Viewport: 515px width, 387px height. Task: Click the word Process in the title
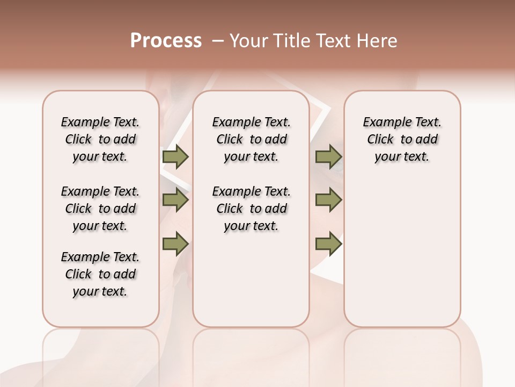click(x=166, y=41)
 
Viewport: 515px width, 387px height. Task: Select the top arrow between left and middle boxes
click(x=175, y=156)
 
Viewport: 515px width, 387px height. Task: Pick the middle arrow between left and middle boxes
click(x=175, y=200)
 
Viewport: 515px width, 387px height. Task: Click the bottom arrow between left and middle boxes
click(x=175, y=244)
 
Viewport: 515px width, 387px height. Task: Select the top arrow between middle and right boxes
click(x=328, y=156)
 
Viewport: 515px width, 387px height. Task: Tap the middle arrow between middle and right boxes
click(x=328, y=200)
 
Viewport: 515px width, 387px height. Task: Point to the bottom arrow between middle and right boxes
click(x=328, y=244)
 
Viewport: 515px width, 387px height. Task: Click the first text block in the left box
click(x=100, y=139)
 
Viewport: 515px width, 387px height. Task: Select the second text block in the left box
click(x=100, y=209)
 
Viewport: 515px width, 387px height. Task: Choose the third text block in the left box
click(x=100, y=274)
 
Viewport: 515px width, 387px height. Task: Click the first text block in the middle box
click(x=251, y=139)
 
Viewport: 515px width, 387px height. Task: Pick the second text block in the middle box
click(x=251, y=209)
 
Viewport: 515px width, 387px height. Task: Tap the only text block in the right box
click(x=402, y=139)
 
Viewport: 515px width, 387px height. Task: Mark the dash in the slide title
click(x=217, y=41)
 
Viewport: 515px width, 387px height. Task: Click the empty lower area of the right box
click(x=402, y=258)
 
